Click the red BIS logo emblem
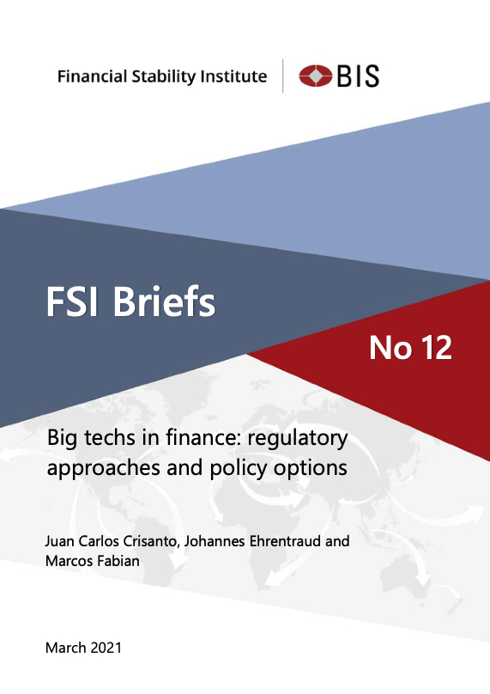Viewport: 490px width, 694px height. [x=315, y=76]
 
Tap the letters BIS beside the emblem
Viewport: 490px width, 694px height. [x=358, y=76]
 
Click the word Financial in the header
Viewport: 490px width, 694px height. [x=93, y=76]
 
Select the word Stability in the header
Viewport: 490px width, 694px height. [x=164, y=77]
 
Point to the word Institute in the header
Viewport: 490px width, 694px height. [x=233, y=76]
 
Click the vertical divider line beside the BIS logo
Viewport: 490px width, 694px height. [x=282, y=76]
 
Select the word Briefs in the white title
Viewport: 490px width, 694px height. [x=164, y=301]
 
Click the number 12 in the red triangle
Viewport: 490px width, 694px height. [x=436, y=348]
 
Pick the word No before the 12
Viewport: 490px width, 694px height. [x=390, y=348]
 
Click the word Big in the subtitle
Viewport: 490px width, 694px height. [x=62, y=439]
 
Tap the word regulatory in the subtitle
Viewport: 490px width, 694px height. [x=298, y=439]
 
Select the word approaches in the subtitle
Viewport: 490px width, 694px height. [x=104, y=469]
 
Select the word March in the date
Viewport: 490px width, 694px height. [x=65, y=648]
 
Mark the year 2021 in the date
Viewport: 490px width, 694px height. [x=106, y=648]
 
